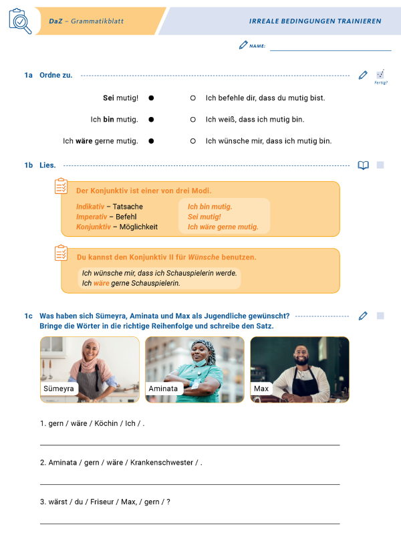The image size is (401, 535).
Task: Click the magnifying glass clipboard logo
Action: click(x=19, y=21)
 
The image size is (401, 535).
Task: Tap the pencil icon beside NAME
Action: click(x=243, y=45)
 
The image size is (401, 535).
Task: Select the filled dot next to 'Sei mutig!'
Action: click(x=151, y=98)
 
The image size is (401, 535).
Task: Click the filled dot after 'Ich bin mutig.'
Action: click(x=151, y=120)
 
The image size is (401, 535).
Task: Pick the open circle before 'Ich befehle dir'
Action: click(x=192, y=98)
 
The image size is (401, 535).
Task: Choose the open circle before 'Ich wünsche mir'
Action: click(x=192, y=141)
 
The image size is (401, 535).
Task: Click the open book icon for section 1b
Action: click(x=363, y=165)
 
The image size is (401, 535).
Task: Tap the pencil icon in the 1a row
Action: click(x=363, y=75)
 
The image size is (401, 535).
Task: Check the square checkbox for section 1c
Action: click(x=380, y=316)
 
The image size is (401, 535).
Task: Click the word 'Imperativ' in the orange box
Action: click(x=91, y=217)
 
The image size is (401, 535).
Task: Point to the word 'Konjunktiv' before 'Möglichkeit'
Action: click(x=93, y=227)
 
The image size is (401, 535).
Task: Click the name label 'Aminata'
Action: click(x=164, y=389)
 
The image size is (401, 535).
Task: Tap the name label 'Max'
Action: click(x=260, y=389)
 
